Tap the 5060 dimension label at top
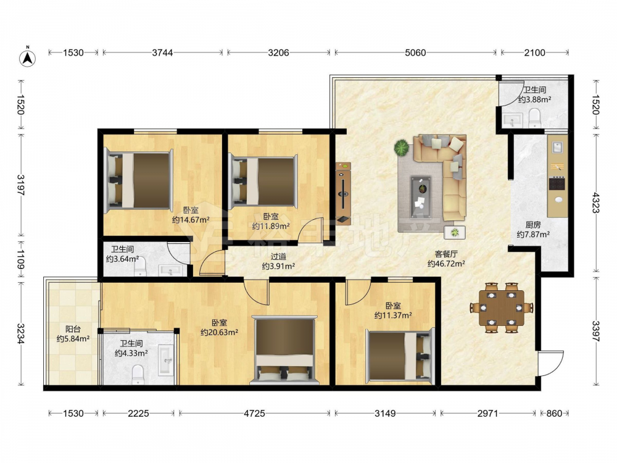pos(415,52)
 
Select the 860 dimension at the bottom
pos(554,413)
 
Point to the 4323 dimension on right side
pos(596,202)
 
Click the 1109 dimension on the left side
pos(21,260)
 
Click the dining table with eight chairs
pos(501,307)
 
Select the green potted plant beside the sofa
pos(402,148)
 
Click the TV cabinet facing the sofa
pos(343,193)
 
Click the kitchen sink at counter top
pos(558,148)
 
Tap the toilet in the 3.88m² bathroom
pos(534,118)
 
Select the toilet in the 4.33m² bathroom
pos(138,375)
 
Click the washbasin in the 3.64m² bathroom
pos(170,270)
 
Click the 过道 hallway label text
pos(278,257)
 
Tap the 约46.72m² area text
pos(446,264)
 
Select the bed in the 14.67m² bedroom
pos(138,180)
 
